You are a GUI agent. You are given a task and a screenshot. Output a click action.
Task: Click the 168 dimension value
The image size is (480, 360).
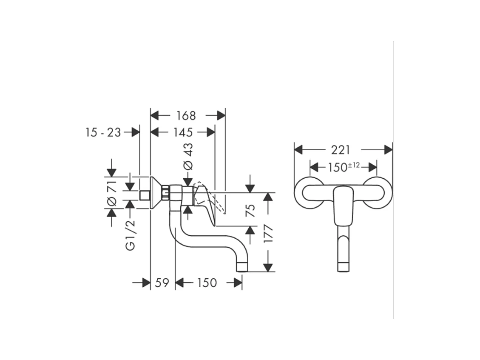(x=186, y=116)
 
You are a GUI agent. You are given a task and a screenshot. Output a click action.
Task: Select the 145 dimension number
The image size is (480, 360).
(x=183, y=132)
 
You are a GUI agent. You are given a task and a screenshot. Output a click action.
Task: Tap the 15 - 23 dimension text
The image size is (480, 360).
(x=103, y=132)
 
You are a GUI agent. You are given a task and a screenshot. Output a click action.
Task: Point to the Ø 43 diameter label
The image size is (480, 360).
(x=188, y=156)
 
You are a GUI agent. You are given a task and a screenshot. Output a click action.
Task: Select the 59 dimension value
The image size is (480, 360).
(x=162, y=283)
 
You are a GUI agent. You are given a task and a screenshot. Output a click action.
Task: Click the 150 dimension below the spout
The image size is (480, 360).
(x=207, y=283)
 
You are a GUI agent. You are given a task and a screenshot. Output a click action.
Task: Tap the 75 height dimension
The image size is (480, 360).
(x=250, y=210)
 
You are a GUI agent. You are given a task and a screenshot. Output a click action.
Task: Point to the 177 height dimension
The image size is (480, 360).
(x=268, y=234)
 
